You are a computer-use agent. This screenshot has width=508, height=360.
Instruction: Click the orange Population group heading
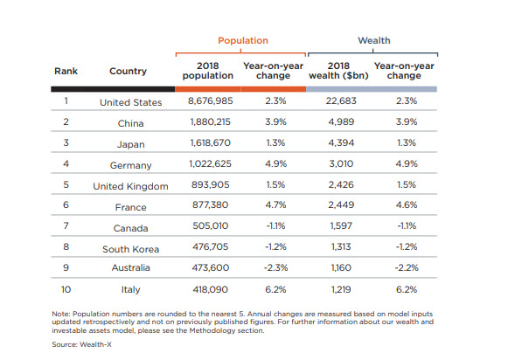tap(243, 41)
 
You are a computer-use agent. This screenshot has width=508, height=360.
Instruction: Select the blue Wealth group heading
tap(374, 40)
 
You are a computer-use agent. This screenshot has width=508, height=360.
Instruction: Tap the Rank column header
tap(66, 71)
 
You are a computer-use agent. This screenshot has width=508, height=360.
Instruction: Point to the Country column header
tap(128, 71)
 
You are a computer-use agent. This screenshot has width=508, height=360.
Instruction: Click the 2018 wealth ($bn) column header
tap(338, 71)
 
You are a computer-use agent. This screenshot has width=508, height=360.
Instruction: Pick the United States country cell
tap(130, 102)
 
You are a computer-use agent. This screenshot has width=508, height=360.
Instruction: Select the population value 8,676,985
tap(210, 100)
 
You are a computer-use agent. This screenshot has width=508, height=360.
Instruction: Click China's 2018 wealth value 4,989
tap(341, 121)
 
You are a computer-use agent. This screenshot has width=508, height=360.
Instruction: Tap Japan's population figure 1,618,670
tap(210, 142)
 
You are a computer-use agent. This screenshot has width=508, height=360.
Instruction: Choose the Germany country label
tap(130, 165)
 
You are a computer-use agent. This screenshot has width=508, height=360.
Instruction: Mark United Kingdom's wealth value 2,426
tap(341, 184)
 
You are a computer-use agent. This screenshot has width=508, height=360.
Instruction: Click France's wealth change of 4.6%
tap(407, 204)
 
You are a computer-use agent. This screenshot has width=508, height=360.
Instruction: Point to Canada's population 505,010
tap(210, 225)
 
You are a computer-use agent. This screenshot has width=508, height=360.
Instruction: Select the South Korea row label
tap(130, 249)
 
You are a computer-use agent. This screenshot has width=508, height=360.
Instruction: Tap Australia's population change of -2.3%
tap(275, 267)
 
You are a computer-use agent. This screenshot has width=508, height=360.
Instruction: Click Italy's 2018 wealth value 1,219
tap(341, 289)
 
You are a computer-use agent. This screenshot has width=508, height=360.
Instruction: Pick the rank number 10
tap(66, 289)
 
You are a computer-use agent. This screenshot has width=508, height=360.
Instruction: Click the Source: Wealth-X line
tap(81, 344)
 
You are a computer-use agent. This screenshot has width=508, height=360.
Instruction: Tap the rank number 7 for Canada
tap(66, 225)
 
